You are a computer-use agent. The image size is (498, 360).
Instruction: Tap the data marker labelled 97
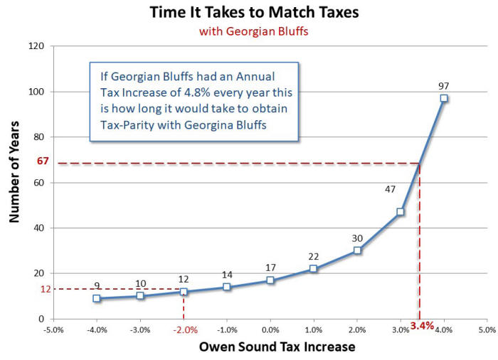(x=444, y=98)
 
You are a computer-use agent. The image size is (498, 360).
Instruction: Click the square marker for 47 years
(x=401, y=212)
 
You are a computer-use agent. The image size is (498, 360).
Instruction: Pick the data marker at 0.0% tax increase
(x=270, y=280)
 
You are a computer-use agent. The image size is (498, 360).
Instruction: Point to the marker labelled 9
(x=97, y=299)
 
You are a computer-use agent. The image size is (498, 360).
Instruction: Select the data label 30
(x=357, y=238)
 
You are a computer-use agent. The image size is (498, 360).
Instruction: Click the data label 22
(x=314, y=256)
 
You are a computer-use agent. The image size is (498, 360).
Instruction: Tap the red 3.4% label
(x=422, y=326)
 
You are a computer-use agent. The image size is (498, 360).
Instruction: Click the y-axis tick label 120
(x=36, y=46)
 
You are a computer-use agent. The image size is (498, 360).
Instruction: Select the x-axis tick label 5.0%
(x=487, y=330)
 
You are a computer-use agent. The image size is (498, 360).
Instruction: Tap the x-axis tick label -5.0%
(x=53, y=330)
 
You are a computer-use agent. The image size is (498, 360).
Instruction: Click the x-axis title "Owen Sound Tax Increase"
(x=277, y=346)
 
